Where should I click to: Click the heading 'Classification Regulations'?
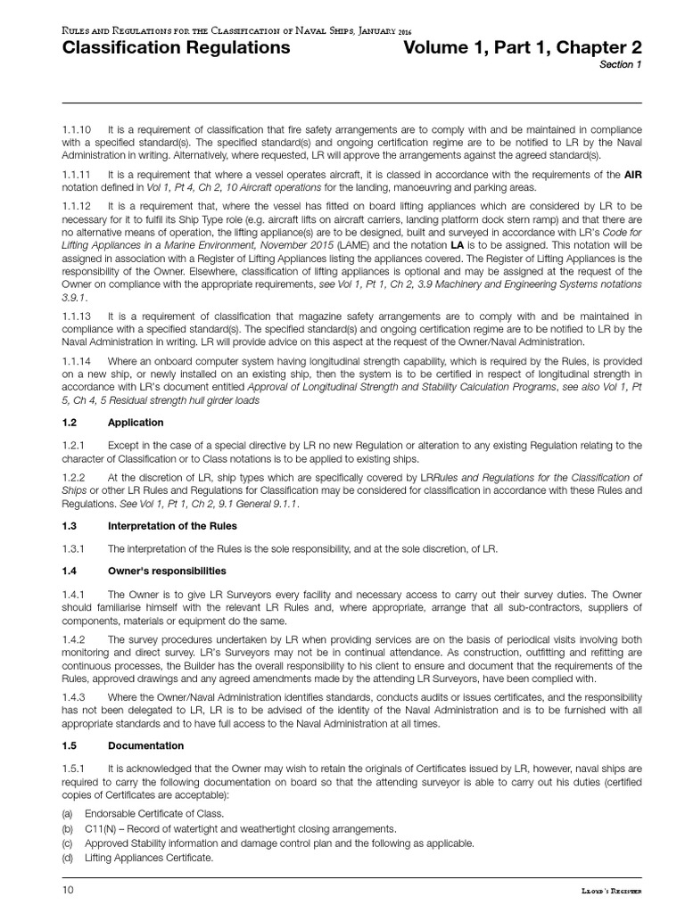click(176, 48)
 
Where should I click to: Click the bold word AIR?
click(632, 176)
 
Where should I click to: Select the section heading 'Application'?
click(136, 423)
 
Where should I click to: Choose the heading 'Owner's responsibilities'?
click(167, 571)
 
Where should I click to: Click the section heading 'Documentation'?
click(146, 745)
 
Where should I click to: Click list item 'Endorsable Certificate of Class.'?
click(153, 814)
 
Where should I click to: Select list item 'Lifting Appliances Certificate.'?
click(149, 858)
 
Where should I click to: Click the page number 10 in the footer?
click(69, 890)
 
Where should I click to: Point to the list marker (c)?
click(67, 843)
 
